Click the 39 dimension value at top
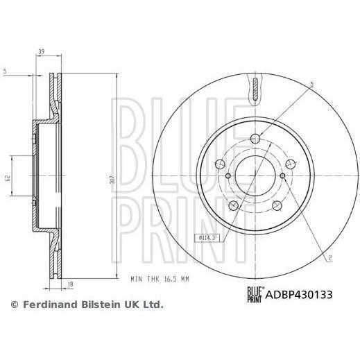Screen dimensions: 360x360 (41, 51)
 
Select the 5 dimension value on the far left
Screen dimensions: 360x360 (6, 71)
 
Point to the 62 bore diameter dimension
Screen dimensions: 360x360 (8, 178)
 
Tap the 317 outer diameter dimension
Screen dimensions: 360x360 (113, 180)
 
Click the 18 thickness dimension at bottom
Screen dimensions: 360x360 (71, 284)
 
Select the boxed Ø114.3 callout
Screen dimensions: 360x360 (207, 238)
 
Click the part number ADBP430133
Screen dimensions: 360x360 (299, 295)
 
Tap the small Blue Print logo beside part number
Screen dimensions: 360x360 (255, 294)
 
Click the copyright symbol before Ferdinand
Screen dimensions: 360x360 (15, 305)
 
